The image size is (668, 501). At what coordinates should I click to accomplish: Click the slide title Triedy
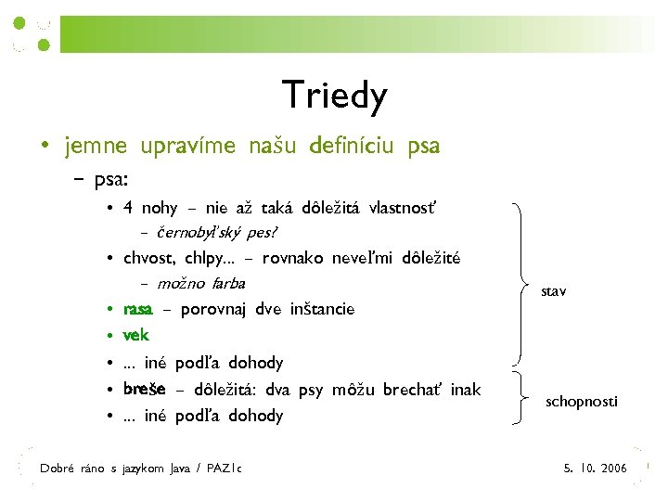point(334,95)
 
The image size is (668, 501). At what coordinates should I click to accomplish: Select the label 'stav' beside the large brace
point(555,291)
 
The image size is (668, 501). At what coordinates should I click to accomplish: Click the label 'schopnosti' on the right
point(581,401)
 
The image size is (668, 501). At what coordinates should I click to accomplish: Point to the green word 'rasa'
point(138,309)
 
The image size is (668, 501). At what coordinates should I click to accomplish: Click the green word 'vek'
point(135,335)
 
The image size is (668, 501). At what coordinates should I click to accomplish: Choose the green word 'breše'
point(144,389)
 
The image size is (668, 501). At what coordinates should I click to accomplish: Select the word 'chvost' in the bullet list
point(148,257)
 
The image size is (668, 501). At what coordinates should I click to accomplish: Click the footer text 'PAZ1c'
point(225,469)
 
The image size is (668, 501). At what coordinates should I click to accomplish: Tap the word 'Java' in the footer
point(180,469)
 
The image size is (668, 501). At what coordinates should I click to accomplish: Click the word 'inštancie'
point(322,309)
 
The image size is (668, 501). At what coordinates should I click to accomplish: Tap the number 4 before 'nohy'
point(128,207)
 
